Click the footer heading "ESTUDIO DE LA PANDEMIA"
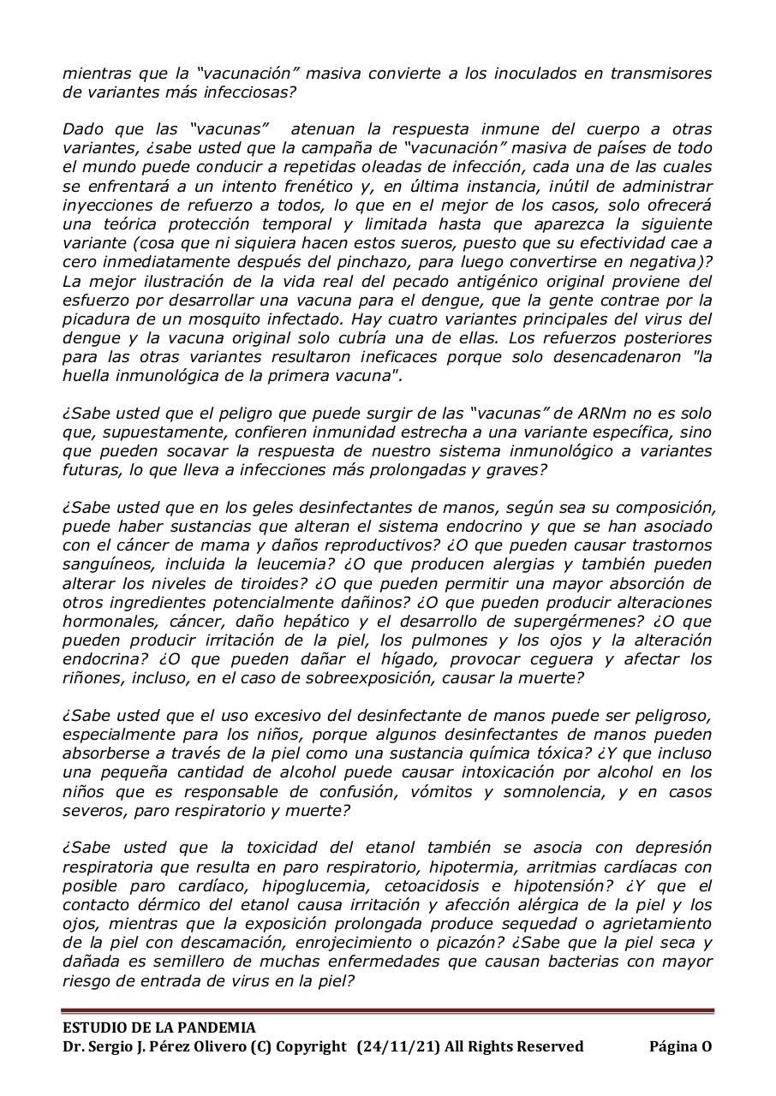[x=158, y=1027]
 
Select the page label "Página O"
[x=680, y=1046]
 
